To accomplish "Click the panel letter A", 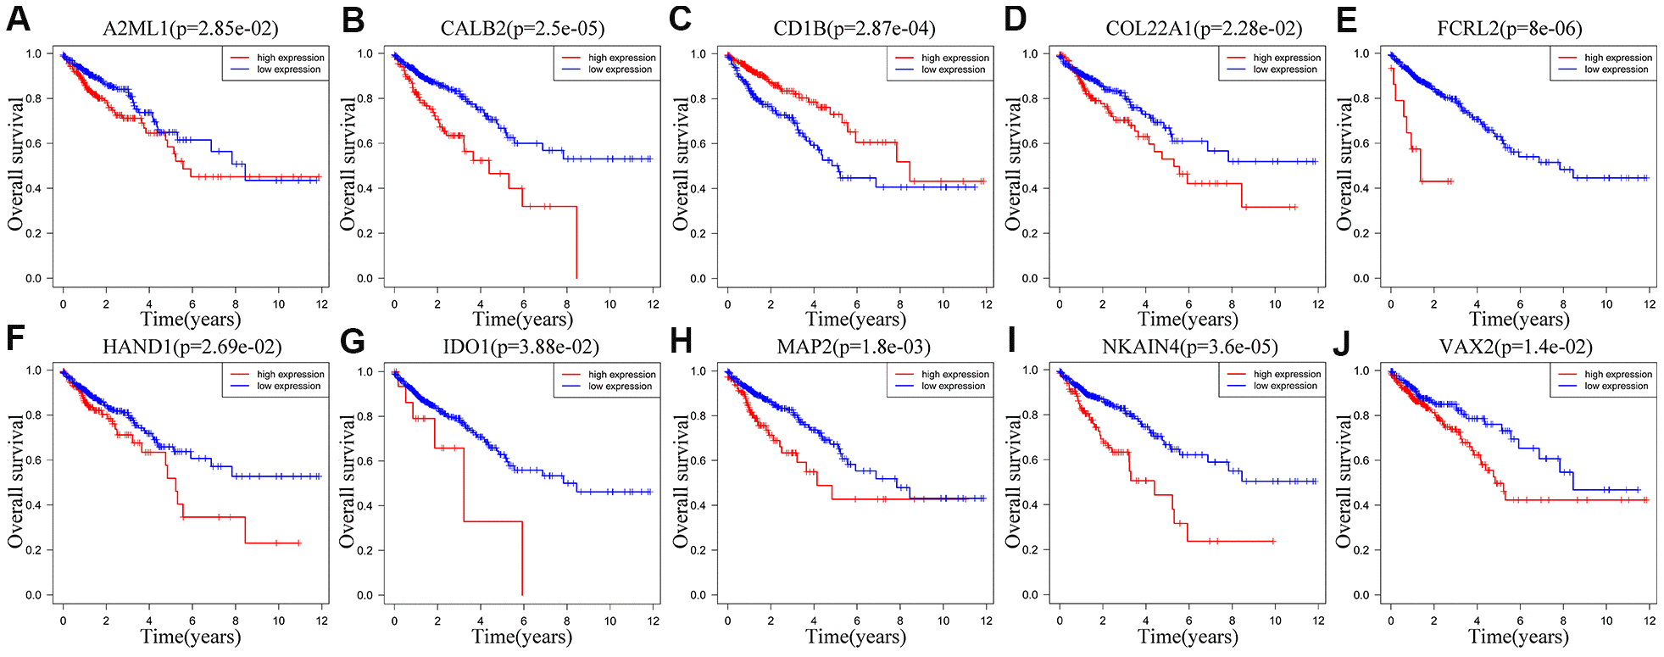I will [18, 19].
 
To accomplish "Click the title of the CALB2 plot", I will [522, 29].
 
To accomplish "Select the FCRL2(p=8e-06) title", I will [1509, 29].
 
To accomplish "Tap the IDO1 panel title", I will [520, 347].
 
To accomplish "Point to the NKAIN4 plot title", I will [1189, 347].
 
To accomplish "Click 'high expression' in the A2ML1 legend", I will [290, 58].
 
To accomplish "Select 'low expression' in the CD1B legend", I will [953, 70].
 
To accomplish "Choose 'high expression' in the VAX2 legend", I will [1618, 374].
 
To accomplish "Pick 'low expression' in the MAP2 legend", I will [953, 386].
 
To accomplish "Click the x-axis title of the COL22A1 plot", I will [1188, 320].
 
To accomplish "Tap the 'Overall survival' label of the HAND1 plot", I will [16, 481].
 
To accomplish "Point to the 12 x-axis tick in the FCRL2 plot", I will [1650, 303].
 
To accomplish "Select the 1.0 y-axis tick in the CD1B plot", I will [698, 54].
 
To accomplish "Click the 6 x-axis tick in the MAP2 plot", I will [857, 621].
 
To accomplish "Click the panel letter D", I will [1015, 19].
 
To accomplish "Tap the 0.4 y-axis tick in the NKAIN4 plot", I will [1030, 505].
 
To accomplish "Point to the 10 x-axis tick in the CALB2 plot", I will [610, 303].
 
